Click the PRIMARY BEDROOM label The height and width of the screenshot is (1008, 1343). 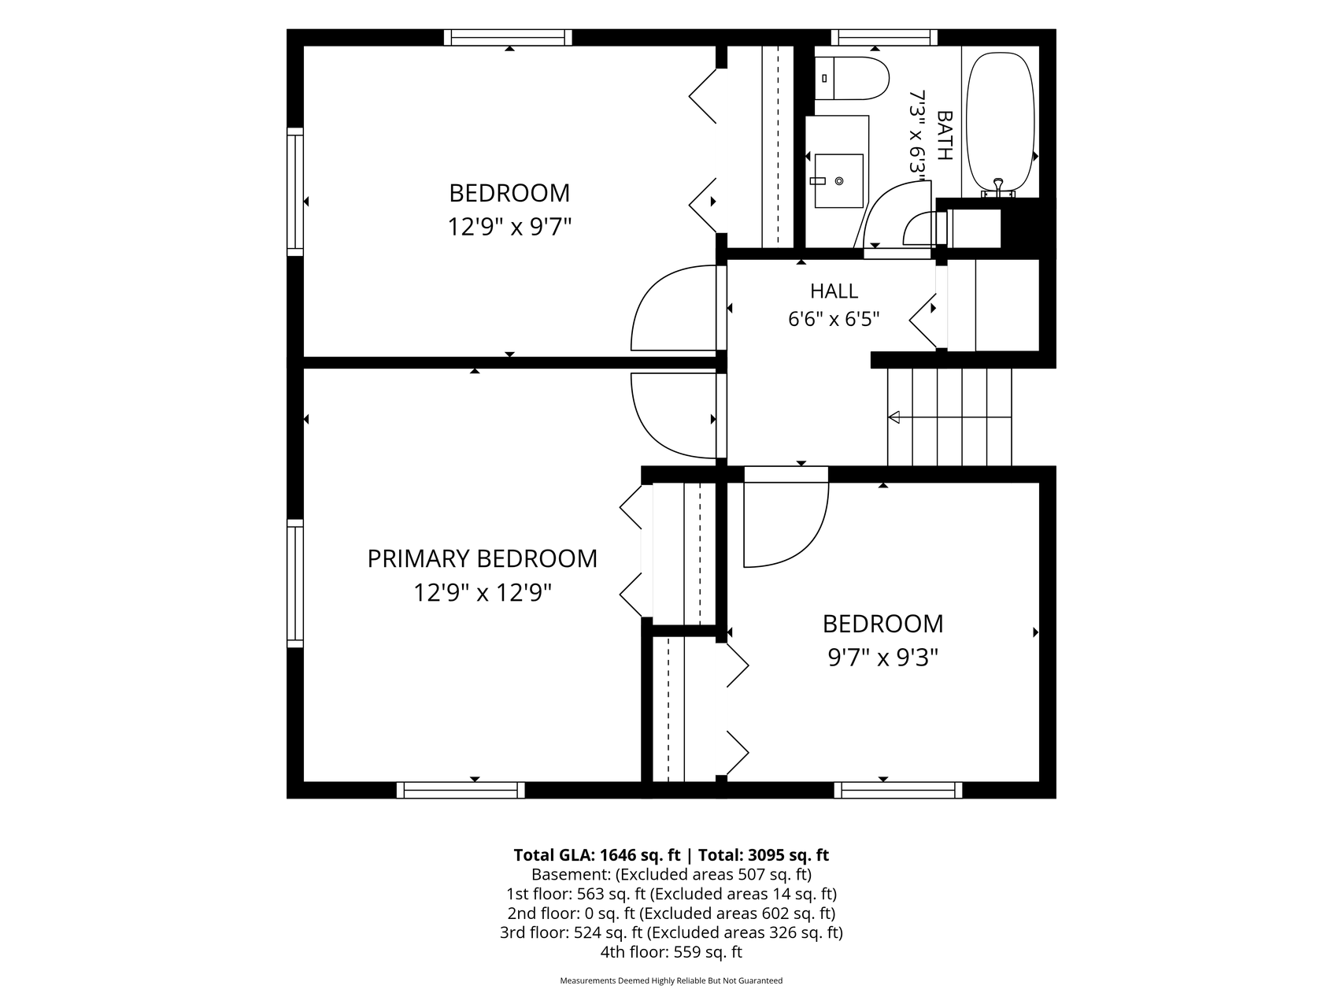tap(482, 558)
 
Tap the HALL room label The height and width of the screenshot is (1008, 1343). tap(834, 291)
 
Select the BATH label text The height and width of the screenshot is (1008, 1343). tap(944, 135)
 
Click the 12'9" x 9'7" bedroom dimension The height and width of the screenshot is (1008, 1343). tap(509, 228)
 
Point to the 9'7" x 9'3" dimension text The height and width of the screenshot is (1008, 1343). tap(882, 657)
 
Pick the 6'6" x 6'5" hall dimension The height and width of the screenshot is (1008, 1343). tap(834, 319)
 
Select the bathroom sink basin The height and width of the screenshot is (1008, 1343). tap(838, 180)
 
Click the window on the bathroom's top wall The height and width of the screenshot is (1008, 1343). tap(884, 37)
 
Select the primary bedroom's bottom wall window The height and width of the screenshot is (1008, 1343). tap(461, 790)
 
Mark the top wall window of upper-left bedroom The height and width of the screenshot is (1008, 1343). tap(508, 37)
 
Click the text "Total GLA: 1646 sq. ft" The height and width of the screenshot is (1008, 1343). tap(597, 855)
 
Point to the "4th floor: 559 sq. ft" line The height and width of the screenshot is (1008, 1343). tap(671, 952)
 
